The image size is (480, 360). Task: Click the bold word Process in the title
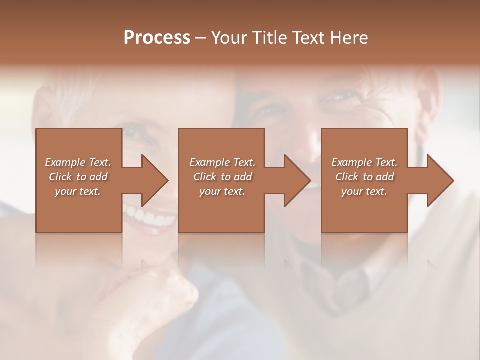tap(157, 38)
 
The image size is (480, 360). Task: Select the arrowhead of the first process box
tap(155, 180)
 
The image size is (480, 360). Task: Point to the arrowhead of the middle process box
tap(297, 180)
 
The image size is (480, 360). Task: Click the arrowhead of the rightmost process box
tap(440, 180)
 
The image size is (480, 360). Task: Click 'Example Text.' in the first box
tap(78, 162)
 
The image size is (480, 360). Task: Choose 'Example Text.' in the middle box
tap(222, 162)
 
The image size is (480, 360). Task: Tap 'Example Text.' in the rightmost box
tap(364, 162)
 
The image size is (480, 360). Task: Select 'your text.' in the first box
tap(78, 191)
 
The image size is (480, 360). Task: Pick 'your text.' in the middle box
tap(222, 191)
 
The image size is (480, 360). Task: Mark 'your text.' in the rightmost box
tap(364, 191)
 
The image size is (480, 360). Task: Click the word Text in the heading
tap(307, 38)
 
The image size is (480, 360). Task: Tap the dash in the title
tap(201, 38)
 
